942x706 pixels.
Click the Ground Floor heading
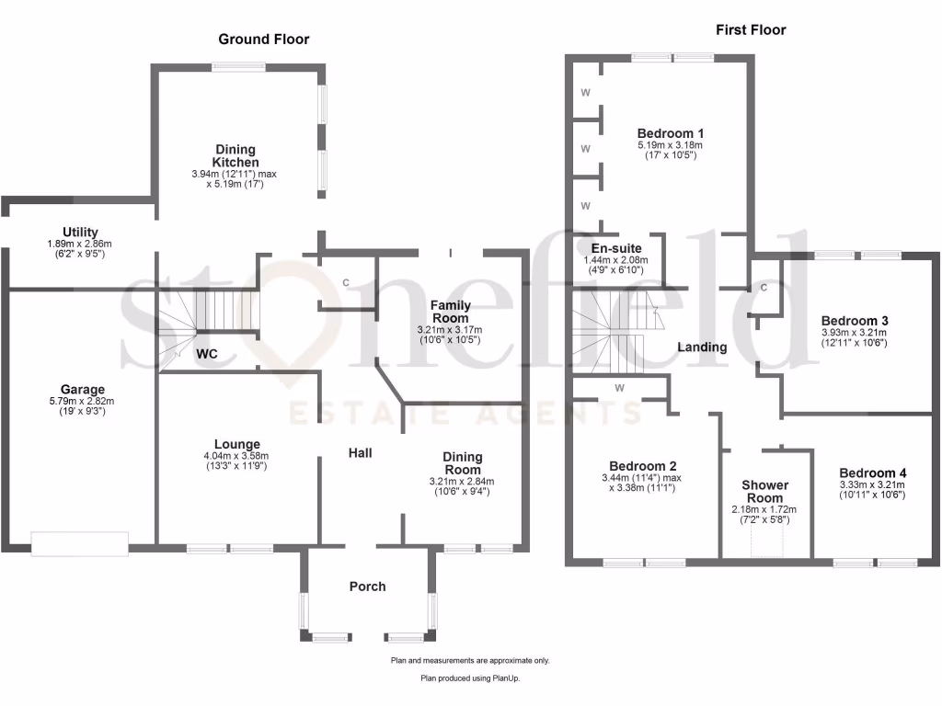[263, 39]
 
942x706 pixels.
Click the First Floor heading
[751, 29]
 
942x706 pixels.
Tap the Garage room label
[83, 390]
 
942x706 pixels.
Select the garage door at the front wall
[79, 543]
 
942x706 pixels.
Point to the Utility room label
[81, 233]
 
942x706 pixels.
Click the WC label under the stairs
[207, 353]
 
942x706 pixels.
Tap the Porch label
[368, 586]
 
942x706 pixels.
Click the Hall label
[360, 454]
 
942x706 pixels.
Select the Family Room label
[452, 312]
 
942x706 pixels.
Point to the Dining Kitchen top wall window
[239, 66]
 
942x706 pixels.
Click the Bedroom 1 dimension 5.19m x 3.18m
[670, 145]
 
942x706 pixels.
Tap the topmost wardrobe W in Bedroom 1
[586, 94]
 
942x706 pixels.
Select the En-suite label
[615, 248]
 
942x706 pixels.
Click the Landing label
[702, 347]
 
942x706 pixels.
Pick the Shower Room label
[765, 491]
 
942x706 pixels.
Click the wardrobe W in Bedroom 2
[619, 388]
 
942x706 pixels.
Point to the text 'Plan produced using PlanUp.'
[470, 678]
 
